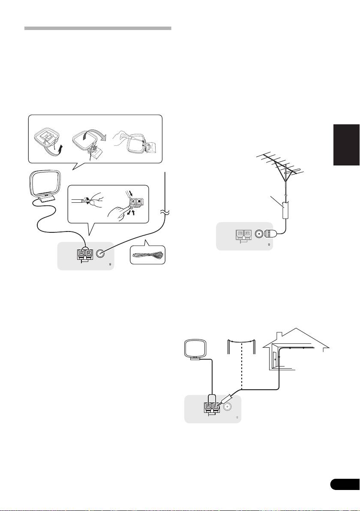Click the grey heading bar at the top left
click(x=98, y=28)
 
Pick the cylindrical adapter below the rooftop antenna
click(x=285, y=212)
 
